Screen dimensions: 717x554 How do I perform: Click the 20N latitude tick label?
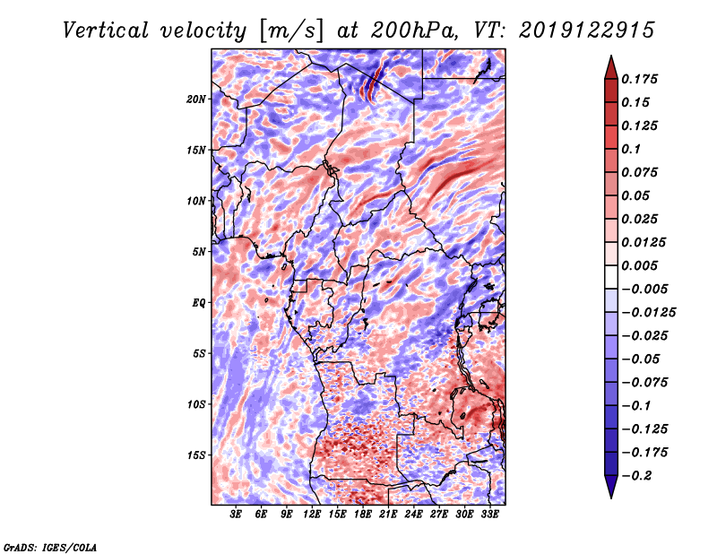(196, 100)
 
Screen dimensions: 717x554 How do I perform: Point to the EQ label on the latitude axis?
(198, 303)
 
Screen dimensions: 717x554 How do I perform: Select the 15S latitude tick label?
(196, 455)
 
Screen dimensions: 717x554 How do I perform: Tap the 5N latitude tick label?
(199, 252)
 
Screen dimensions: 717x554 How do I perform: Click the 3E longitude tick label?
(236, 515)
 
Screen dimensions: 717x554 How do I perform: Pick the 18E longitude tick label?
(363, 515)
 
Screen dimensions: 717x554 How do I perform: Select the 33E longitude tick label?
(489, 515)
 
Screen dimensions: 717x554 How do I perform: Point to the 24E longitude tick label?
(413, 515)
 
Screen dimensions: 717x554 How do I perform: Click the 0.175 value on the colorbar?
(639, 79)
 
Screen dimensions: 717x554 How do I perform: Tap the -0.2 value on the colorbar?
(635, 476)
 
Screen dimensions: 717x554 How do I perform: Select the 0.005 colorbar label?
(639, 265)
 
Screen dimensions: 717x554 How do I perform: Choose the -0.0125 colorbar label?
(648, 313)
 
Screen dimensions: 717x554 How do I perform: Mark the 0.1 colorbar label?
(631, 149)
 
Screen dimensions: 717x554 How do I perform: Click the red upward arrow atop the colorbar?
(611, 67)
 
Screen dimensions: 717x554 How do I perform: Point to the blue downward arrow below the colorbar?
(611, 487)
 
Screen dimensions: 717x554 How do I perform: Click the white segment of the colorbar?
(611, 277)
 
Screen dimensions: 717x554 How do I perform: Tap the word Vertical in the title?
(106, 30)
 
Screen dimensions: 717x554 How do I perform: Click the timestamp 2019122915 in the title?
(587, 30)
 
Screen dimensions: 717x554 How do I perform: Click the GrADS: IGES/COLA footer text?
(50, 547)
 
